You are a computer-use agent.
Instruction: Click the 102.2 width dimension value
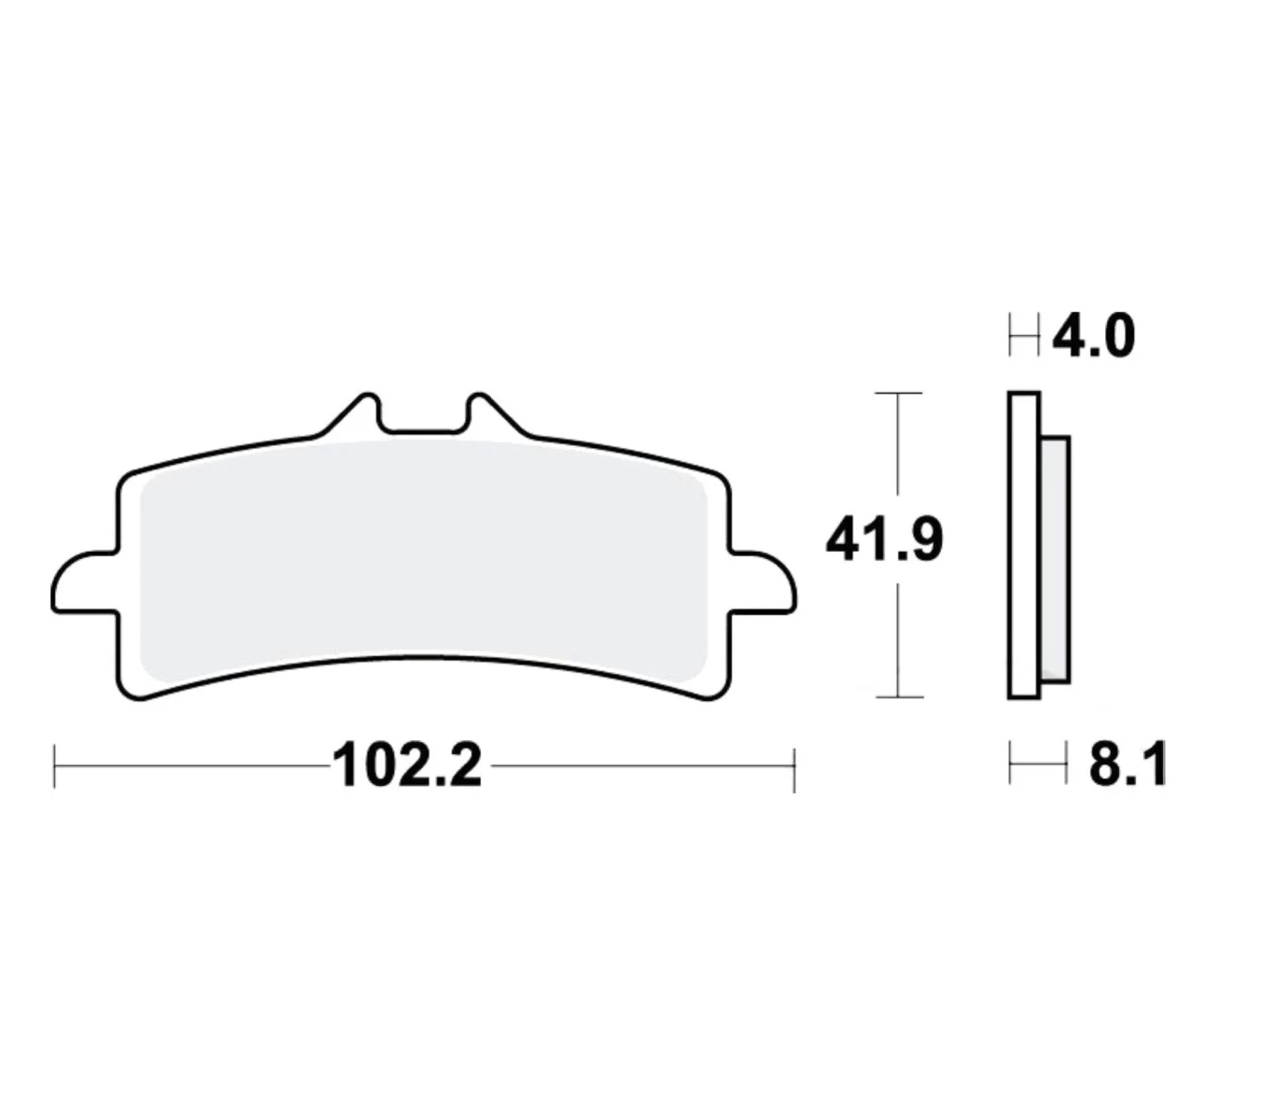(x=408, y=766)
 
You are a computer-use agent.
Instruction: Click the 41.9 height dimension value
(x=884, y=540)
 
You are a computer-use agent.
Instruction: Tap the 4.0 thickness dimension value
(x=1093, y=336)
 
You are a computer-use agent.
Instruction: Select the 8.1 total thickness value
(x=1128, y=766)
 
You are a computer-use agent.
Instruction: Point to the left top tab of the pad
(x=357, y=414)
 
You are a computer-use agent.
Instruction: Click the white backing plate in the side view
(x=1024, y=545)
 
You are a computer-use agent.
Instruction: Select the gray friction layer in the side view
(x=1055, y=558)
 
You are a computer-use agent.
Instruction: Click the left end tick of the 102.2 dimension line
(x=55, y=767)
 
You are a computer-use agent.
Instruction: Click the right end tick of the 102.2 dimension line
(x=793, y=767)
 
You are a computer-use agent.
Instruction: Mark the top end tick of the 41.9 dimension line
(x=898, y=394)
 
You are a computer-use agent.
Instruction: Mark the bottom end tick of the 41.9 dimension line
(x=898, y=696)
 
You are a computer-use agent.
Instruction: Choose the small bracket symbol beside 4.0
(x=1024, y=336)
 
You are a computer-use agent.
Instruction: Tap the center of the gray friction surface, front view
(x=423, y=560)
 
